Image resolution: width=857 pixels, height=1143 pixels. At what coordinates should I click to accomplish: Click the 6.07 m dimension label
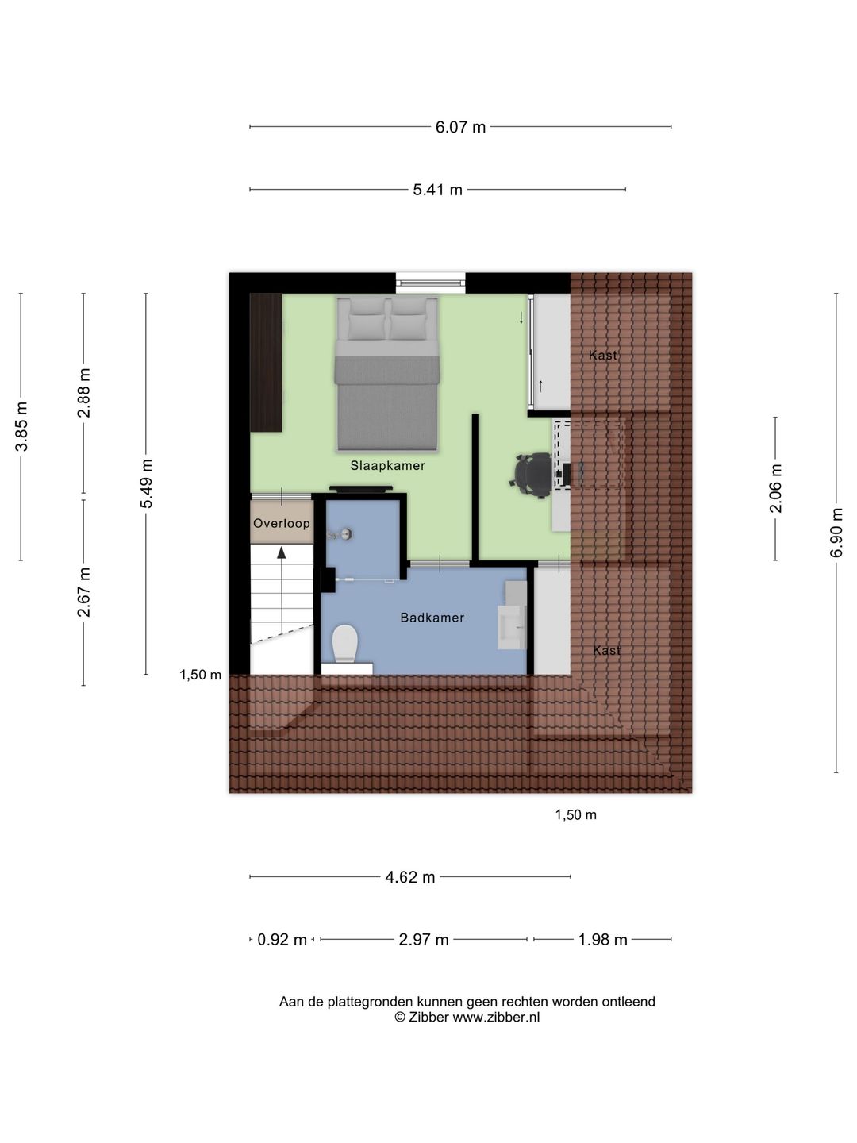pos(460,127)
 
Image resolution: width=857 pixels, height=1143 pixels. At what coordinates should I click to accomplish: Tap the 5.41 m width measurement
pos(437,190)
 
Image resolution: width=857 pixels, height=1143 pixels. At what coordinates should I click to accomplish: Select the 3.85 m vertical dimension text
pos(21,426)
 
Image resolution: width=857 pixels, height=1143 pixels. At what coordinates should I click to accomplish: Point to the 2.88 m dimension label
pos(84,393)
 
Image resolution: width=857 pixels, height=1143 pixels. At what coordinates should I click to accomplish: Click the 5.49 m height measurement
pos(146,483)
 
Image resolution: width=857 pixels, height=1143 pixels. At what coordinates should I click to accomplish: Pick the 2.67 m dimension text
pos(84,593)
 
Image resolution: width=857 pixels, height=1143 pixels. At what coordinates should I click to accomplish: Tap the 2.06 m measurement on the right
pos(775,488)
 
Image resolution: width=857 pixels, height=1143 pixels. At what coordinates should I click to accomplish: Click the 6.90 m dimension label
pos(836,533)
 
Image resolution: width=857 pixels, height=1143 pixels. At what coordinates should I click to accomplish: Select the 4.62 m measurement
pos(410,877)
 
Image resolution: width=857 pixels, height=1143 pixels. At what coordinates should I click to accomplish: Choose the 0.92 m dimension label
pos(282,940)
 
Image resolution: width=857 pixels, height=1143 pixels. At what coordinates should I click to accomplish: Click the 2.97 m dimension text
pos(424,940)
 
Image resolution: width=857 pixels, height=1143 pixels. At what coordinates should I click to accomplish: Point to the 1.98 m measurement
pos(602,940)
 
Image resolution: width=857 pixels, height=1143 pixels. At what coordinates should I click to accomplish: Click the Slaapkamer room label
pos(388,465)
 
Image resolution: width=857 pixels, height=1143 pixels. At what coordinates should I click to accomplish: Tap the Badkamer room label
pos(432,618)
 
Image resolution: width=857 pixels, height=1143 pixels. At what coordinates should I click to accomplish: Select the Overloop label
pos(282,523)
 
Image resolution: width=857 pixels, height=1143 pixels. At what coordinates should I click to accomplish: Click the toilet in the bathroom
pos(345,644)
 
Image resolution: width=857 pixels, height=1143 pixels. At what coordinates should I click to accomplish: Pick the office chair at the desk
pos(532,475)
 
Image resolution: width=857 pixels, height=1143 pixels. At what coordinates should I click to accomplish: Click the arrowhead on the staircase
pos(282,552)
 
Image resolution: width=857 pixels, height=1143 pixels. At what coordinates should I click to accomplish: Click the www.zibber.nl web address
pos(496,1017)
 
